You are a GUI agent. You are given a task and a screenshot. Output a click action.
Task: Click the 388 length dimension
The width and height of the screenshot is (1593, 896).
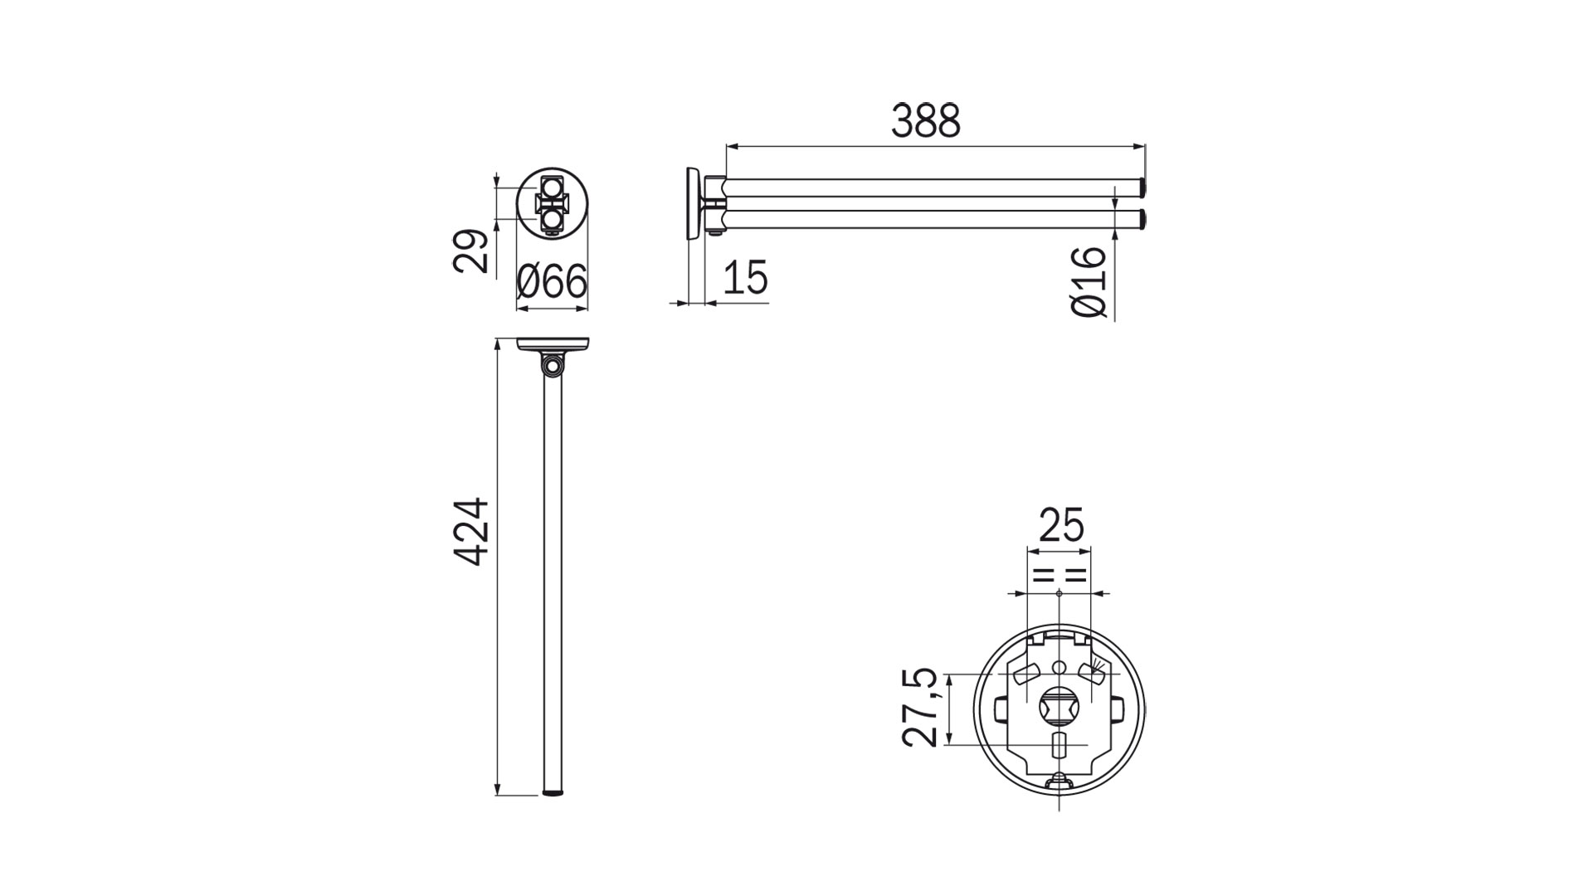(926, 121)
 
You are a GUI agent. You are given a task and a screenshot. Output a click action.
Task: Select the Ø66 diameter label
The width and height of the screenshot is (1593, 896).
(552, 283)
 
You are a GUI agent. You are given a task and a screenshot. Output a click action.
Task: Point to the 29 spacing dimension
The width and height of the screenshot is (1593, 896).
(471, 251)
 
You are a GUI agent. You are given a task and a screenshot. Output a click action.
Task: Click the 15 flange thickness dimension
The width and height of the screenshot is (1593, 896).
(745, 277)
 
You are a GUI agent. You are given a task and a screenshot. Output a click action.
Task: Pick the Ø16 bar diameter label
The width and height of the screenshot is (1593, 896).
(1089, 281)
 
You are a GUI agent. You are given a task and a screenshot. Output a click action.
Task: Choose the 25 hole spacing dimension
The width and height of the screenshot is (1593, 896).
(1061, 526)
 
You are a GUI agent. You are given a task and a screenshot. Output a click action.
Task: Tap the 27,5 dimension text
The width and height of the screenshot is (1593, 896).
(923, 708)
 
